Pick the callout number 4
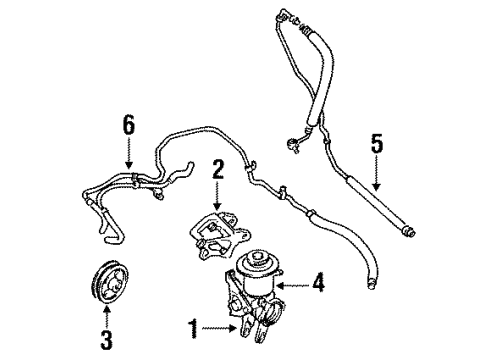(x=317, y=283)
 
